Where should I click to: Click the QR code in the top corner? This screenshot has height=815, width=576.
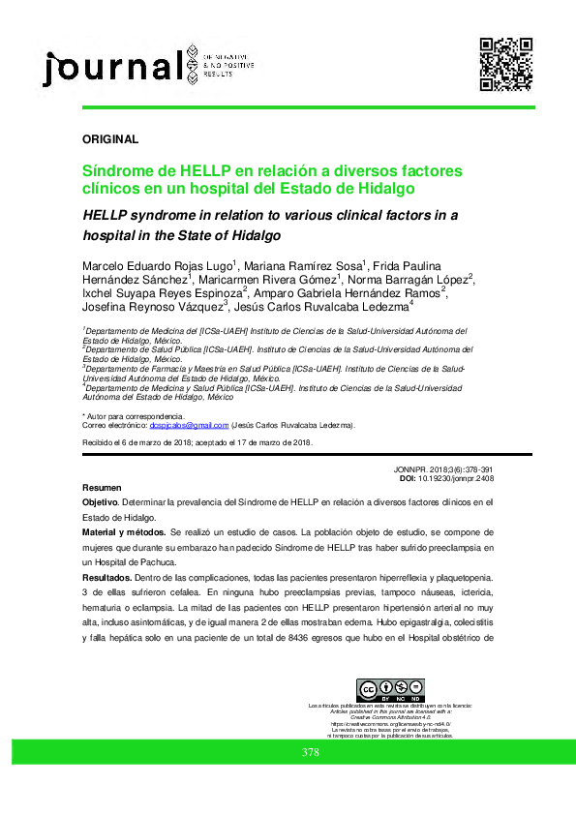point(506,63)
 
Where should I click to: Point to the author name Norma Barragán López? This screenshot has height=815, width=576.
point(409,279)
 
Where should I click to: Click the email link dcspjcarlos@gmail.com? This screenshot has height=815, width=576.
point(188,425)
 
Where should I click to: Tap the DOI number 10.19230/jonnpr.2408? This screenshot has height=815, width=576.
point(463,479)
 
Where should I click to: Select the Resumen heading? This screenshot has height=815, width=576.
point(102,487)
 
